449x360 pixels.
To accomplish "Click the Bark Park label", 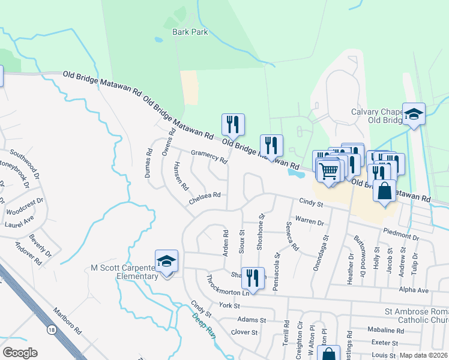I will click(x=190, y=32).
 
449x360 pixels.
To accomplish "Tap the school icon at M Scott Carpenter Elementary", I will click(x=166, y=261).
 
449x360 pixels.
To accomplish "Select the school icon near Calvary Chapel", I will click(x=414, y=115).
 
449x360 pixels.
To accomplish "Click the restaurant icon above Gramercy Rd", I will click(x=232, y=125).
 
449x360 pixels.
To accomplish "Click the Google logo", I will click(x=20, y=353).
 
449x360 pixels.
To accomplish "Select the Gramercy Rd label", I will click(x=209, y=157).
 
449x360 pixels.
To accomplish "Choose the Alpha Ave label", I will click(x=414, y=290).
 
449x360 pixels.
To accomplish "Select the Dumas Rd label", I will click(x=148, y=161).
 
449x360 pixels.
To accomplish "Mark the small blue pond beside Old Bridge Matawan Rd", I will click(x=295, y=173).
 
